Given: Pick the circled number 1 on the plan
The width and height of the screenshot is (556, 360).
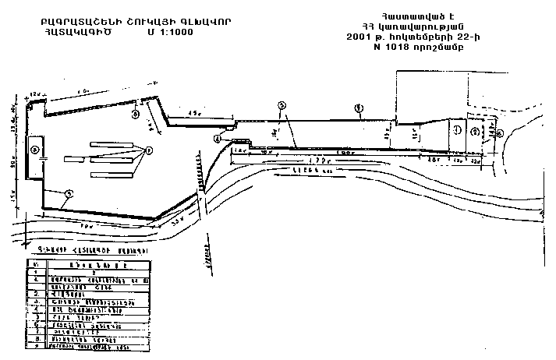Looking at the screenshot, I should point(459,129).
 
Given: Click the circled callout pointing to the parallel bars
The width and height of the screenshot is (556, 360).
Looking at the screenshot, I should point(148,149).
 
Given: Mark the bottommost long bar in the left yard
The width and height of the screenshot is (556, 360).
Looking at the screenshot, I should point(116,172).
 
